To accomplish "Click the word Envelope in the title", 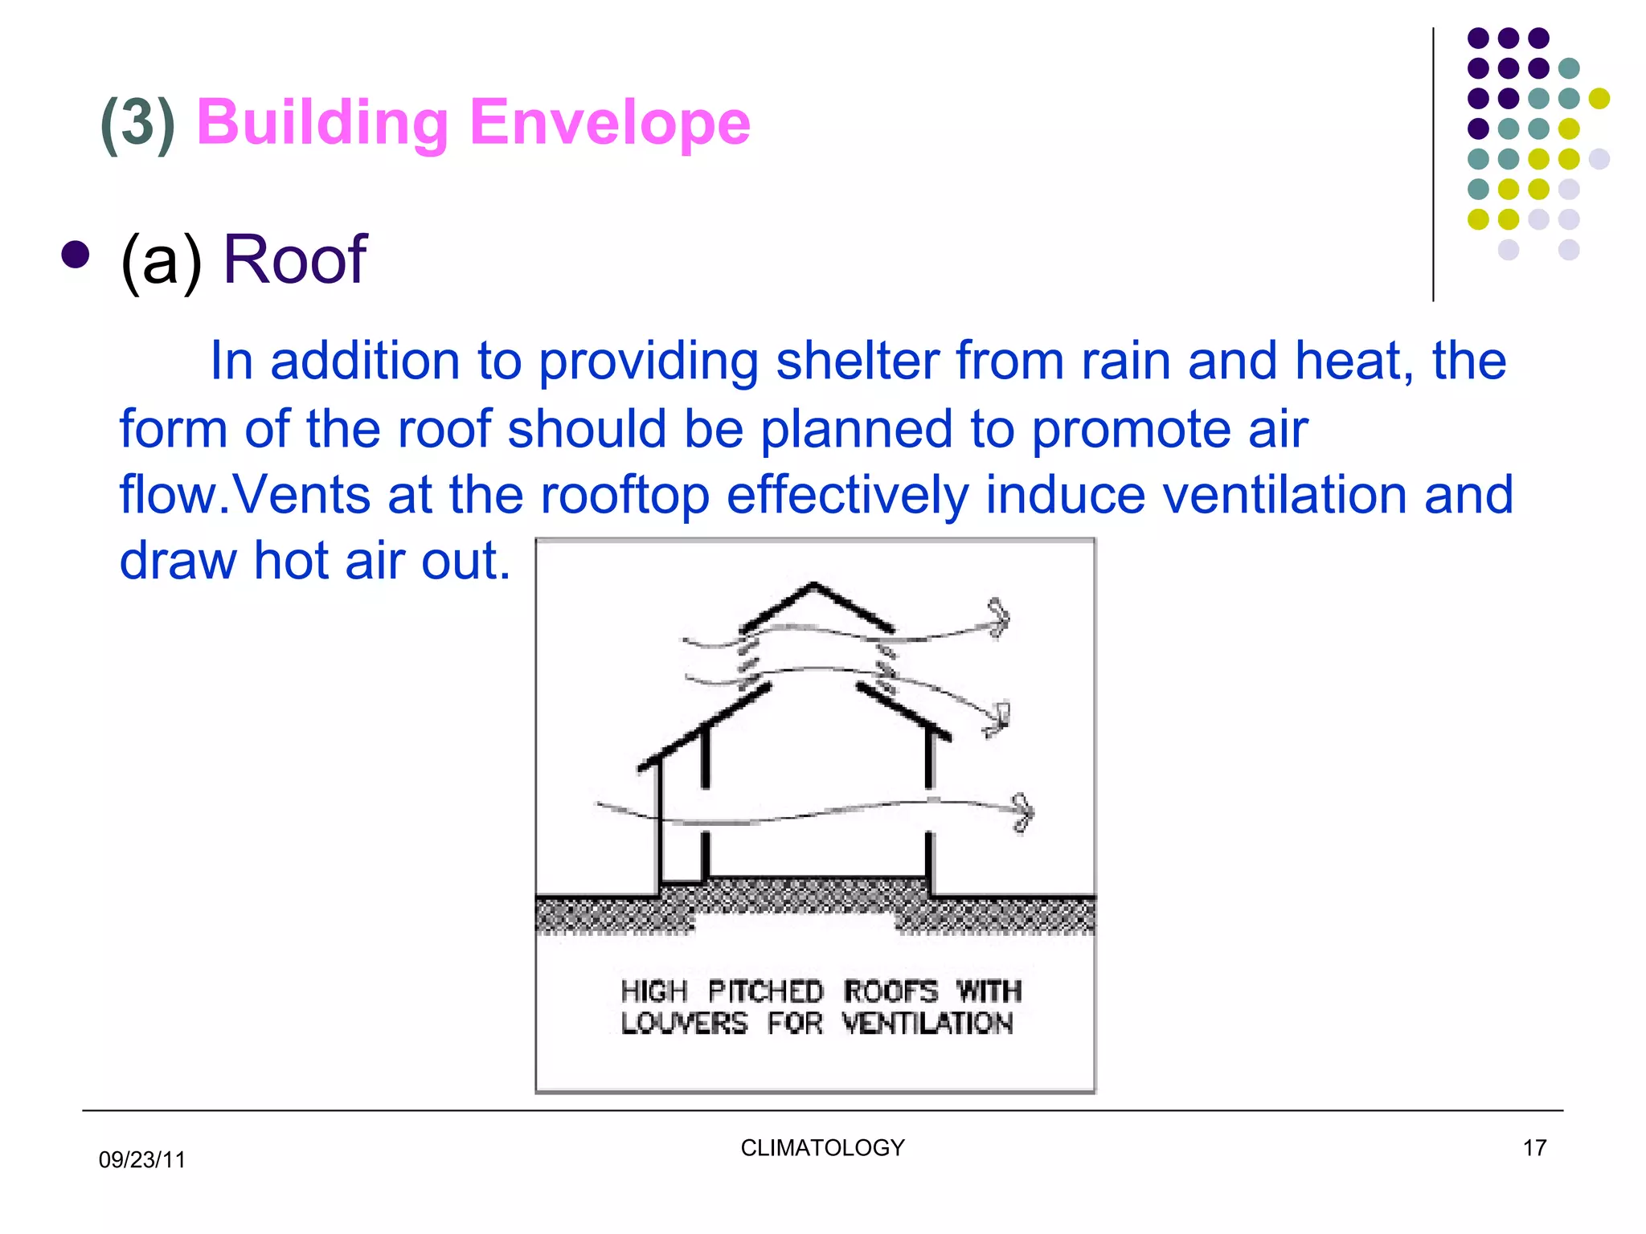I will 609,122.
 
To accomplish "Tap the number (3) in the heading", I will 137,124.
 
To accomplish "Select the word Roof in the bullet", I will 294,259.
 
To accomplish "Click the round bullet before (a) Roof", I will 75,255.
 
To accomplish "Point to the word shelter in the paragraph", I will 857,361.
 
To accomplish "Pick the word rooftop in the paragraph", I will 624,494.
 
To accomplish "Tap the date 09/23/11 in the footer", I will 141,1159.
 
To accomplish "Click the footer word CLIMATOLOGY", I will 822,1147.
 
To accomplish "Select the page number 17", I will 1534,1147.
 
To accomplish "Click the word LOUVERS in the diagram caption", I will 684,1024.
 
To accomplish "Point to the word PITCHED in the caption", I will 765,991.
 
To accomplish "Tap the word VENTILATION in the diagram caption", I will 927,1024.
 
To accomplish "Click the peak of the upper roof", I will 814,584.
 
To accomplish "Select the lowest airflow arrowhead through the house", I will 1022,812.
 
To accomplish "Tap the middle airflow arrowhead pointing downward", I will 997,719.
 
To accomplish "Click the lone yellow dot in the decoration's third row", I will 1599,98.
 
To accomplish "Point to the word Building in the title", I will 321,122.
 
